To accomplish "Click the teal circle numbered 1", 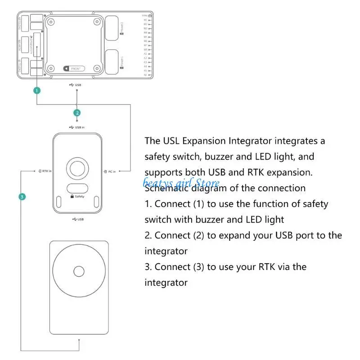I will click(37, 90).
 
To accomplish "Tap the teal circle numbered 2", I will click(77, 112).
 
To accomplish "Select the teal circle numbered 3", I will click(21, 197).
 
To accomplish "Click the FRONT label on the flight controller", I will click(74, 68).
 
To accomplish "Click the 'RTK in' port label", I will click(45, 171).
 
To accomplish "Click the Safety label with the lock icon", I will click(77, 196).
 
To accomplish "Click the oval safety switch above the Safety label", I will click(77, 188).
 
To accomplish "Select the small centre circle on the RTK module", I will click(79, 271).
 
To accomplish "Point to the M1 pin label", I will click(145, 20).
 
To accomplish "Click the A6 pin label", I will click(145, 75).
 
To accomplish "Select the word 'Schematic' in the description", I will click(165, 188).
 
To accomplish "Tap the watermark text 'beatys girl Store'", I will click(181, 183).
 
